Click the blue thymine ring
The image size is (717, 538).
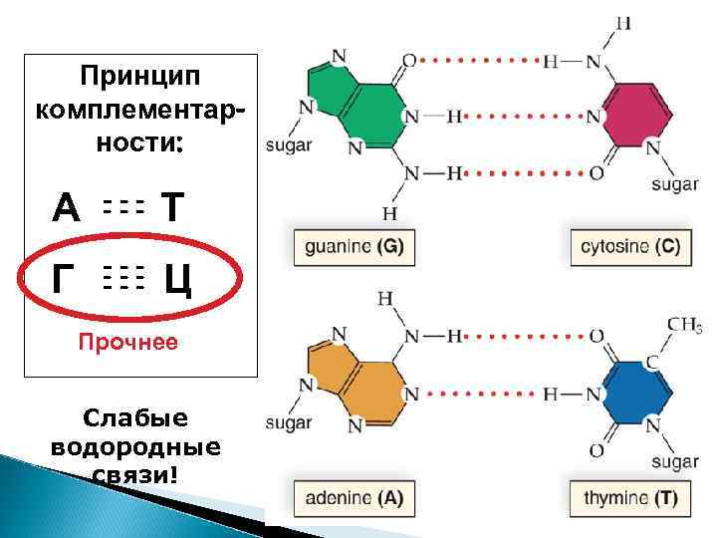pyautogui.click(x=625, y=393)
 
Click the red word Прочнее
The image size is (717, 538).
pyautogui.click(x=128, y=344)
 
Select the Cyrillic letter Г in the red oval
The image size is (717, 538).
pyautogui.click(x=64, y=282)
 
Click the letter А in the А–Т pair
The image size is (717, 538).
pyautogui.click(x=66, y=208)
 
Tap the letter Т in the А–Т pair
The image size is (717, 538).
pyautogui.click(x=173, y=208)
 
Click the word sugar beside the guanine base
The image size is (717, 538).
pyautogui.click(x=290, y=145)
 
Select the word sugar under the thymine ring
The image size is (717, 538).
pyautogui.click(x=674, y=461)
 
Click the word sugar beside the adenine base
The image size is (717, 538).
pyautogui.click(x=289, y=422)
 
